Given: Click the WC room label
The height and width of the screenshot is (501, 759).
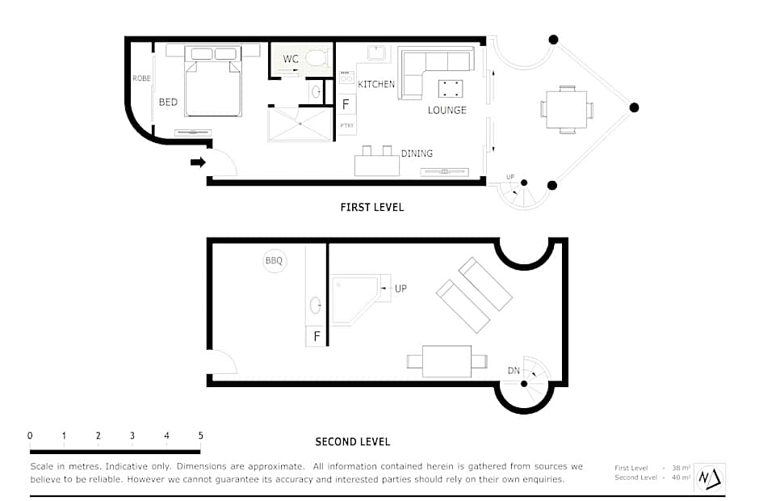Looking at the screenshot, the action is click(291, 59).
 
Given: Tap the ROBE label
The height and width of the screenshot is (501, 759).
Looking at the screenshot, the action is click(142, 78).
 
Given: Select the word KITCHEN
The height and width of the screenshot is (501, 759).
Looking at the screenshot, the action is click(376, 84).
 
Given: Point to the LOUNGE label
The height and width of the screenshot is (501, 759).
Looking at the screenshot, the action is click(447, 110).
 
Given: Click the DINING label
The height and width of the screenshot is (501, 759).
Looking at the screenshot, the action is click(417, 154).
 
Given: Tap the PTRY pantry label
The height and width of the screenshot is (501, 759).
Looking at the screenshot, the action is click(346, 125).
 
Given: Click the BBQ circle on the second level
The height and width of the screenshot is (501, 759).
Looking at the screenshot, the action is click(274, 261).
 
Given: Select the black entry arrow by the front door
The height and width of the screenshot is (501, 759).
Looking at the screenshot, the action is click(198, 162).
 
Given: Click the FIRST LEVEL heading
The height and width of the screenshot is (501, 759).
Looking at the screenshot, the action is click(371, 208).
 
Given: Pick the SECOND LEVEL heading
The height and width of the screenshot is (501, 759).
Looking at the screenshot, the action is click(352, 442).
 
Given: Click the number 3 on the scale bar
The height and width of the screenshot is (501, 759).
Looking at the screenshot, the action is click(132, 436).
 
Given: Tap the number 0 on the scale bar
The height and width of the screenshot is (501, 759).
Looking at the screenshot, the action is click(30, 436).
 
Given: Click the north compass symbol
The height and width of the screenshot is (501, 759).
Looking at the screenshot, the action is click(710, 478).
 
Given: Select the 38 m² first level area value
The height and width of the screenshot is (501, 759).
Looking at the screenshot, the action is click(681, 468).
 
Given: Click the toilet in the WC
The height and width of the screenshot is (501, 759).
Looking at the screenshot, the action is click(317, 59).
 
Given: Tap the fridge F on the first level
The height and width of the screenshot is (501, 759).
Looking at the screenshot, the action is click(346, 104).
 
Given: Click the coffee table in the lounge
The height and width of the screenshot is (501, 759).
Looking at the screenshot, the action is click(451, 89).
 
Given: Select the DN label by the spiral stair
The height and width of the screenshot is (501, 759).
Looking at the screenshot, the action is click(514, 371).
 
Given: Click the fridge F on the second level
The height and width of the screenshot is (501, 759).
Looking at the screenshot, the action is click(317, 336).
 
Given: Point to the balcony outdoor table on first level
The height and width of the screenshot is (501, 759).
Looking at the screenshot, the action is click(566, 110).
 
